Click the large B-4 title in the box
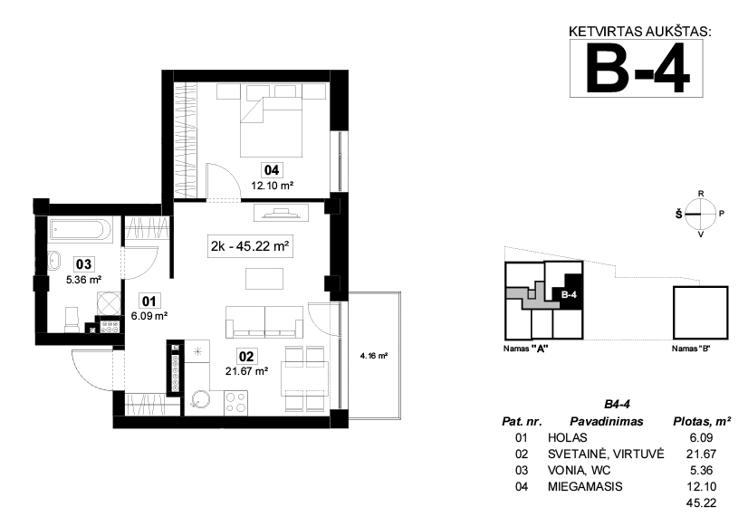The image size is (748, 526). coord(638,68)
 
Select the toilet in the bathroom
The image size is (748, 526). coord(72,319)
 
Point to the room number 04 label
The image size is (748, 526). coord(272,170)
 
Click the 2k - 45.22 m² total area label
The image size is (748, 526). coord(250,246)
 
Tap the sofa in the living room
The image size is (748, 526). coord(264,322)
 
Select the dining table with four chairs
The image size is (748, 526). coord(305,378)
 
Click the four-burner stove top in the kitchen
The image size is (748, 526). coord(235,402)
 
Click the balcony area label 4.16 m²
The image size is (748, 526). coord(373,355)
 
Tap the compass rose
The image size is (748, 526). coord(700,215)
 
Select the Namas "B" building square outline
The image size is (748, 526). coord(700,313)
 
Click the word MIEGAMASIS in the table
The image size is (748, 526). coord(585,486)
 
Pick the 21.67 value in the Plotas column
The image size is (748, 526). coord(701,454)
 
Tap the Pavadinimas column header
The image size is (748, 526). coord(607,422)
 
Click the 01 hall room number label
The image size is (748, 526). coord(149,301)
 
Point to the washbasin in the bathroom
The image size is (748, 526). coord(54,262)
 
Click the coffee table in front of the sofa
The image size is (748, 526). coord(264,279)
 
